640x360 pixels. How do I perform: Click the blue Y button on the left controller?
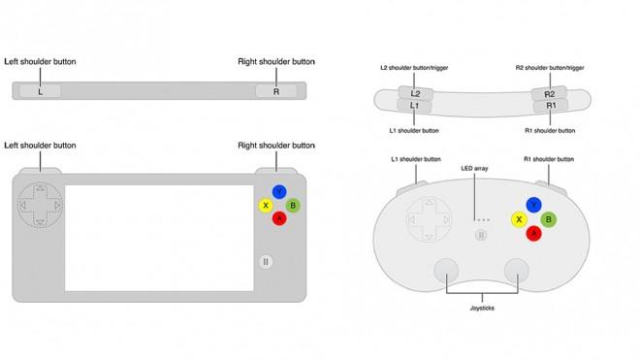(x=279, y=192)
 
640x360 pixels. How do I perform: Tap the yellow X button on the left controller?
(x=266, y=205)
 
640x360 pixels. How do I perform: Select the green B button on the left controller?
(x=293, y=205)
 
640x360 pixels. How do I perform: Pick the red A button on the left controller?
(x=279, y=218)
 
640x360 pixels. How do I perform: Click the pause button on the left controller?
(x=266, y=262)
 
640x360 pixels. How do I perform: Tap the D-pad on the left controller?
(x=40, y=205)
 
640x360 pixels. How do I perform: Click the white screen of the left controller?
(x=159, y=239)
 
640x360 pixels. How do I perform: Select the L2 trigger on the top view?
(x=415, y=93)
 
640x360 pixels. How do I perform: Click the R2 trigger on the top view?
(x=550, y=94)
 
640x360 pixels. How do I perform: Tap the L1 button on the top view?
(x=414, y=106)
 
